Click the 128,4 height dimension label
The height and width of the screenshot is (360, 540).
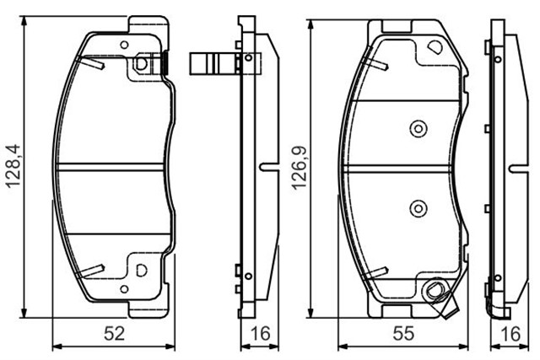pos(13,166)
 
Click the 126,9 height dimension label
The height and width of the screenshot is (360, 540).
pos(299,168)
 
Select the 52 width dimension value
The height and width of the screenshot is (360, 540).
pos(114,334)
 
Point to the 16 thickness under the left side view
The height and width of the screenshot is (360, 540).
pos(261,334)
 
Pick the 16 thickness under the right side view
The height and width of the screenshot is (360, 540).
pos(510,334)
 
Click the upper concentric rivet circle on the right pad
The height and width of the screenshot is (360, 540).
pos(418,129)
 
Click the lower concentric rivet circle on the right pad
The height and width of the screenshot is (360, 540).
pos(418,208)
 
